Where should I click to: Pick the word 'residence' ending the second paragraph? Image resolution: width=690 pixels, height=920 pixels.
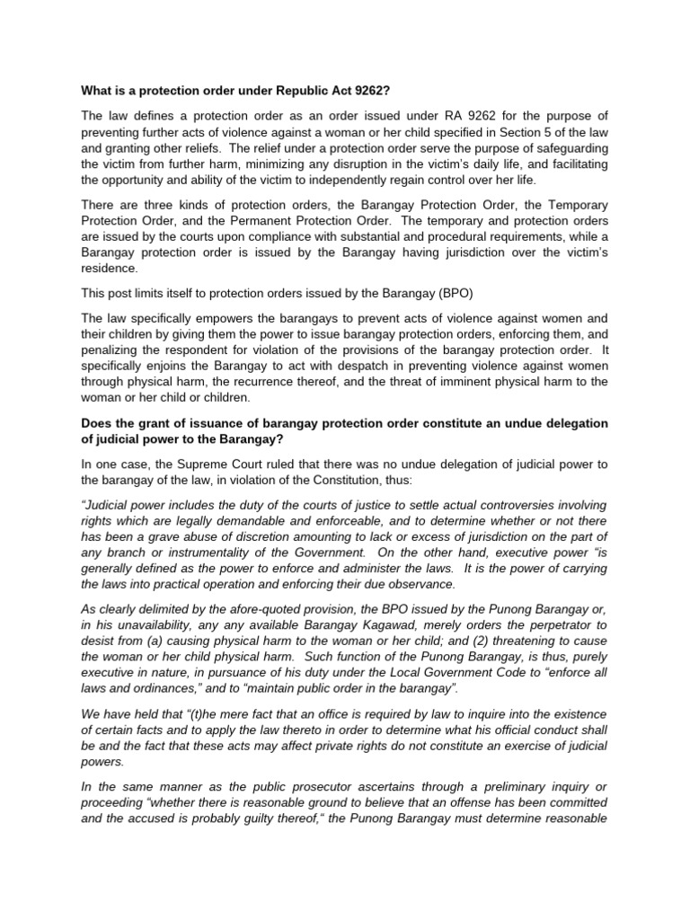pyautogui.click(x=111, y=268)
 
